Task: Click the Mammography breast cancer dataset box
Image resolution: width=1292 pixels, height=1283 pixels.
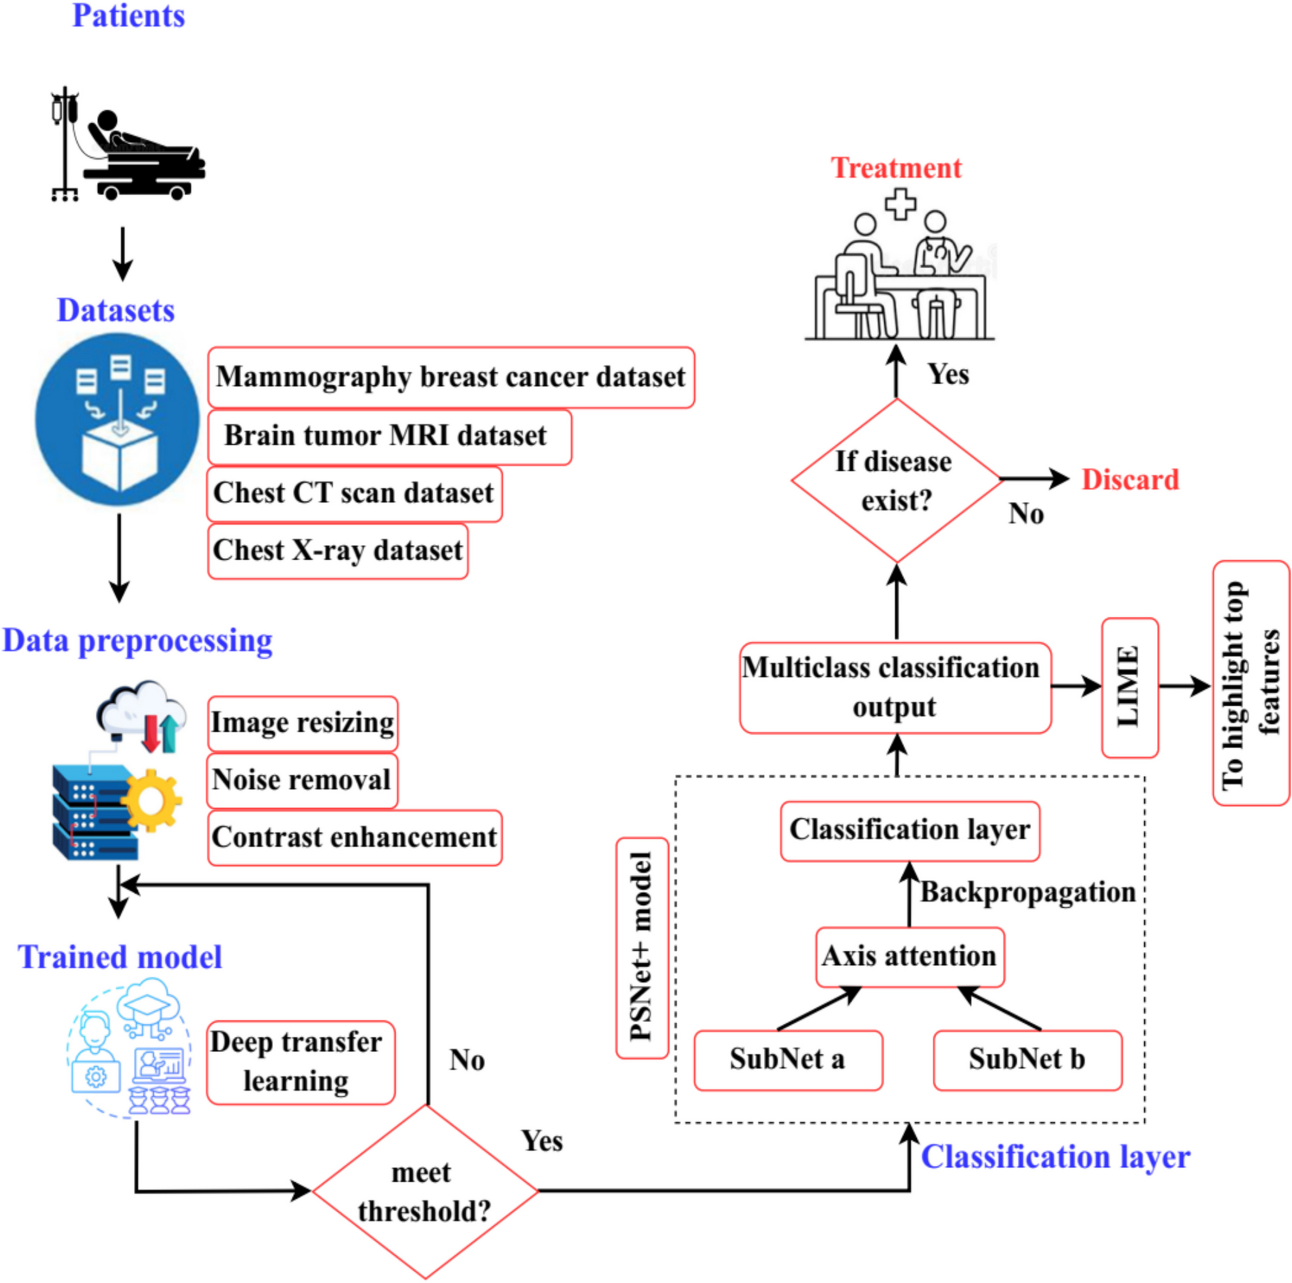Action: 450,377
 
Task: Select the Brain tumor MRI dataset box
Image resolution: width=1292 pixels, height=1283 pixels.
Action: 389,436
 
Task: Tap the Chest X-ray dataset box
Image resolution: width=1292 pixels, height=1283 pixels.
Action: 338,550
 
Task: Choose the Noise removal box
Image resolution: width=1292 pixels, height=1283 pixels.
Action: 302,780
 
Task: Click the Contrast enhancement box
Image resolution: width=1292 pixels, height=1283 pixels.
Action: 354,837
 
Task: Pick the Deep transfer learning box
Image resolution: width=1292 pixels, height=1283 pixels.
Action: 300,1061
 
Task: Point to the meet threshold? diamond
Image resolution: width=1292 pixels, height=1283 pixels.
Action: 425,1191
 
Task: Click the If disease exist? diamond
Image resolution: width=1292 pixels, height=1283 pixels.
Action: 895,480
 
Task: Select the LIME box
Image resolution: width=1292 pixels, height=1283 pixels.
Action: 1129,687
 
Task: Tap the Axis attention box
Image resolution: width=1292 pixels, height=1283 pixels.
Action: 909,956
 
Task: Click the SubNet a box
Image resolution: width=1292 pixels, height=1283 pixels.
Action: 788,1059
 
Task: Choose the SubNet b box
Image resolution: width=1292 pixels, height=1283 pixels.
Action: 1027,1059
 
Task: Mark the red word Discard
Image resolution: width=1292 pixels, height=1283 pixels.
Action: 1130,479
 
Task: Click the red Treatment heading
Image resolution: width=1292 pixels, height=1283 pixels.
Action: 895,168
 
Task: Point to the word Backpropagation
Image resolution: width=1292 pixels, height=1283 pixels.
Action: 1027,892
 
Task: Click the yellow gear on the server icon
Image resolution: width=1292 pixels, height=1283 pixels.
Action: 152,800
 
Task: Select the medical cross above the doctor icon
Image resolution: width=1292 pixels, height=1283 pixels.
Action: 900,203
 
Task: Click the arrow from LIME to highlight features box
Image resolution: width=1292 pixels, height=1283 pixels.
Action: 1184,686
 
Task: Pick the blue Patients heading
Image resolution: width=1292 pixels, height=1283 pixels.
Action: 128,15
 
